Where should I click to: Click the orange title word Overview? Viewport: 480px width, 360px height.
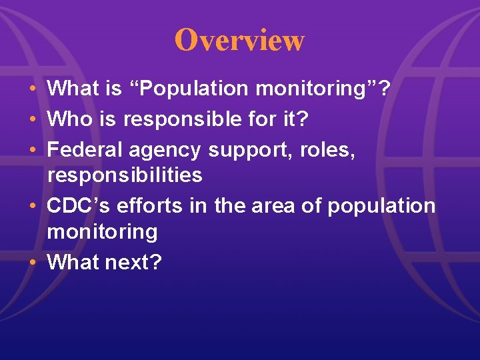click(239, 40)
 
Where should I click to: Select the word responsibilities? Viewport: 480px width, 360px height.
click(125, 175)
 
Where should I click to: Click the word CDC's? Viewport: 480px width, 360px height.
click(79, 206)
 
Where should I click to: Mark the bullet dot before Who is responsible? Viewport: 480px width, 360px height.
click(33, 120)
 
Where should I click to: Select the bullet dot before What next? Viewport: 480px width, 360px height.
click(33, 263)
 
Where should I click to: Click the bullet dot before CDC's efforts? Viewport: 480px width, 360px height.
click(33, 207)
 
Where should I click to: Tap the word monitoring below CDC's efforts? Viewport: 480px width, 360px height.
click(102, 232)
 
